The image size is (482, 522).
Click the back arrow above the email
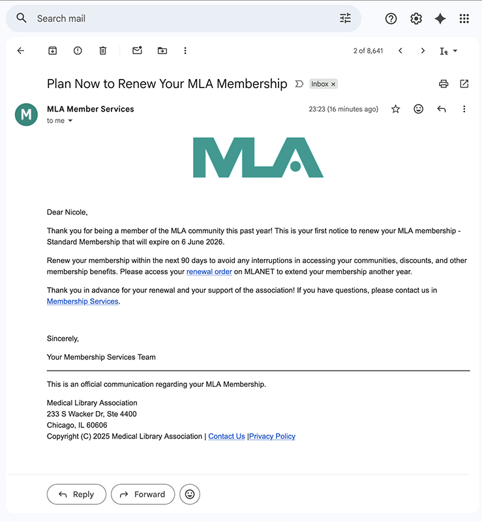pyautogui.click(x=21, y=51)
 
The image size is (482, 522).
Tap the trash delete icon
pyautogui.click(x=102, y=51)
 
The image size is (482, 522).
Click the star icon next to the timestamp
pyautogui.click(x=395, y=109)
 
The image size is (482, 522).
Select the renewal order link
pyautogui.click(x=209, y=271)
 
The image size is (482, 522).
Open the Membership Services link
pyautogui.click(x=83, y=301)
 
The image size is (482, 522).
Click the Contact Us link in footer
pyautogui.click(x=226, y=437)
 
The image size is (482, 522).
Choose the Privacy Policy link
pyautogui.click(x=273, y=437)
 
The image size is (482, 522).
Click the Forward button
pyautogui.click(x=143, y=495)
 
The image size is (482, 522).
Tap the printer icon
pyautogui.click(x=444, y=84)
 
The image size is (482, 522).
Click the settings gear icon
pyautogui.click(x=416, y=19)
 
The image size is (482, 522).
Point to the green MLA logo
pyautogui.click(x=258, y=157)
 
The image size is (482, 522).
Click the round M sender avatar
pyautogui.click(x=26, y=115)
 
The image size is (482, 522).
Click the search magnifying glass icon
pyautogui.click(x=22, y=18)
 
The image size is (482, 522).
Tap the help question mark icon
pyautogui.click(x=391, y=19)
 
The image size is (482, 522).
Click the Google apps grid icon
pyautogui.click(x=464, y=19)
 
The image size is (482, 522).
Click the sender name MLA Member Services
pyautogui.click(x=91, y=109)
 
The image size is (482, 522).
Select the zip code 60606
pyautogui.click(x=96, y=425)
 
